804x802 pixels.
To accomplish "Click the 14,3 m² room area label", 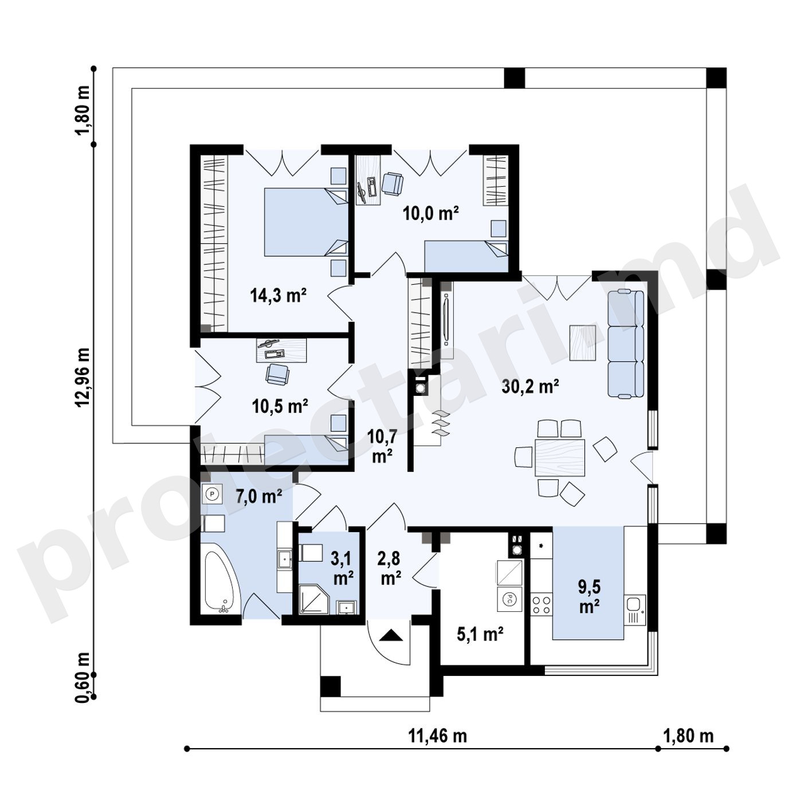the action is [x=279, y=296].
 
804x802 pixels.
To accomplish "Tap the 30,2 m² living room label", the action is [x=530, y=387].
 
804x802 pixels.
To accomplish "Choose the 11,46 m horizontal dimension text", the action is [x=437, y=736].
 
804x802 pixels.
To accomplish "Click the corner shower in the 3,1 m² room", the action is [x=314, y=599].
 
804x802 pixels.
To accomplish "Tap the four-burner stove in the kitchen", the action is [x=542, y=604].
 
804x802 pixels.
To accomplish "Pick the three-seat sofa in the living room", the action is [x=625, y=343].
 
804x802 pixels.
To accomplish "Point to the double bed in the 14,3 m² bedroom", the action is [x=305, y=222].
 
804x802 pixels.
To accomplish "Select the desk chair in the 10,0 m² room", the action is [x=393, y=183].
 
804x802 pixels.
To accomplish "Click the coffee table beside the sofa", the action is [x=583, y=343].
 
